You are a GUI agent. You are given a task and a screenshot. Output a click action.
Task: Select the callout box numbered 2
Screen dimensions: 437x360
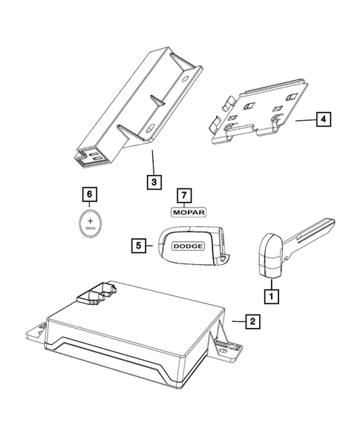(252, 321)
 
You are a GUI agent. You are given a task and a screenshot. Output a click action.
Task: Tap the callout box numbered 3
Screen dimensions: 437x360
(151, 180)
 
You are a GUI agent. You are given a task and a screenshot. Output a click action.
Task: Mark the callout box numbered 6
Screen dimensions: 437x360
(90, 195)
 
